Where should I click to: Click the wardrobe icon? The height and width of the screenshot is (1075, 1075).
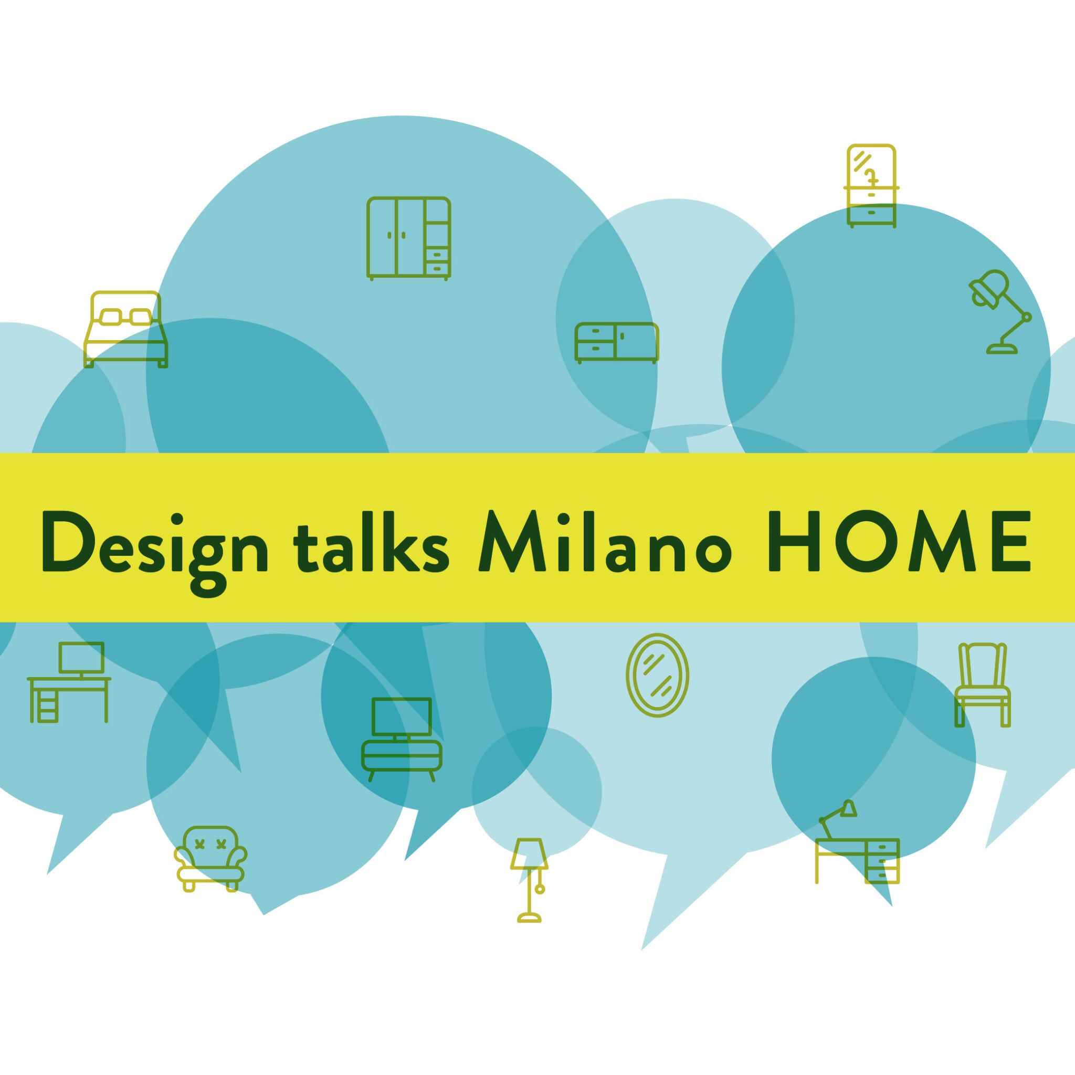(408, 238)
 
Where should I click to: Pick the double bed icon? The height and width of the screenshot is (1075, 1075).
(125, 330)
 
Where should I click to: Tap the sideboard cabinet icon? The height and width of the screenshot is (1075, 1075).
(617, 343)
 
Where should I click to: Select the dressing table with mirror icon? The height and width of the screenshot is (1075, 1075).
(871, 186)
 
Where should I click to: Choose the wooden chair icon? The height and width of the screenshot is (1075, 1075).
(983, 686)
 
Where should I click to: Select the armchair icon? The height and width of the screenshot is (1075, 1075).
(210, 859)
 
